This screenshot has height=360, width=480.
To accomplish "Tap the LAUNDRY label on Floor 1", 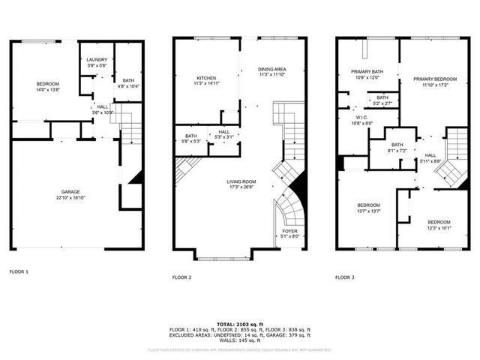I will (x=97, y=60).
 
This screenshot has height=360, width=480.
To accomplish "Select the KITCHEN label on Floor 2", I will (x=206, y=77).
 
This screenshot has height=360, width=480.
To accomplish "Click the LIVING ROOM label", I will (x=241, y=181).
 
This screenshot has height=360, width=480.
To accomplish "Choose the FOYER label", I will (x=289, y=230).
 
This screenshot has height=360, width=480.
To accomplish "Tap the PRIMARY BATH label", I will (x=367, y=71).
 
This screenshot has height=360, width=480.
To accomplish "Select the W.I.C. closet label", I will (x=361, y=118).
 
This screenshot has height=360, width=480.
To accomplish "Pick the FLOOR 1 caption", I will (x=19, y=271).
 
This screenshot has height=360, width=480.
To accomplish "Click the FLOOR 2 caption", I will (x=182, y=277).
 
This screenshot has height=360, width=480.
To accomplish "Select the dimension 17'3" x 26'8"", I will (x=241, y=186).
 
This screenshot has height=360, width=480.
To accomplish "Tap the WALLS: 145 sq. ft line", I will (x=239, y=342).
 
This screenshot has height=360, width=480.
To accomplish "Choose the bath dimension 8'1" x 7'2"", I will (x=397, y=150).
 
